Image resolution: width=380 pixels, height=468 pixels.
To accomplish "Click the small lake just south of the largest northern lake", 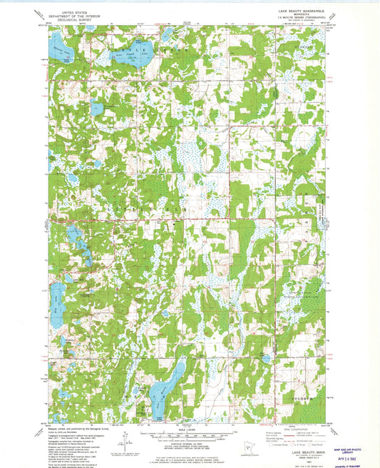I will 97,108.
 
